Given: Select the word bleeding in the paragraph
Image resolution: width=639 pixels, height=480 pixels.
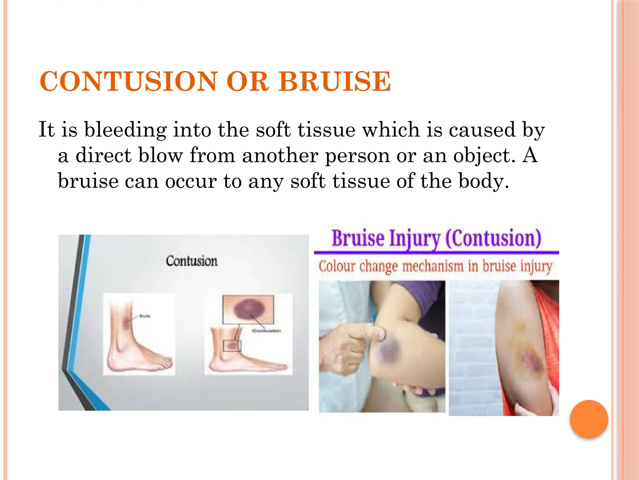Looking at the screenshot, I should point(125,129).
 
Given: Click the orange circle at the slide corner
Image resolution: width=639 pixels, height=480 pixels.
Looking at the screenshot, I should point(589,419).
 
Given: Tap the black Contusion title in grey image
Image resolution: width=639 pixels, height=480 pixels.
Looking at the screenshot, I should point(192,261).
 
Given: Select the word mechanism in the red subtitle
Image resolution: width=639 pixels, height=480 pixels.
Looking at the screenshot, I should point(433,267).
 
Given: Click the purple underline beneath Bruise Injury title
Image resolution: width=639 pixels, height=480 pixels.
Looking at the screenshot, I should point(436,252).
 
